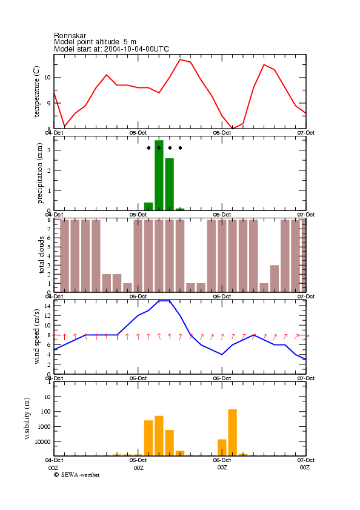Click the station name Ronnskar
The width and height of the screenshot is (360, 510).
tap(70, 35)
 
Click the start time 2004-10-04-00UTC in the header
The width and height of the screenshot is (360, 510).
tap(136, 49)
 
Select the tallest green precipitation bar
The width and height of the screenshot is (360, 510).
tap(159, 175)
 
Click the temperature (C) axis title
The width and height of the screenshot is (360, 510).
tap(36, 91)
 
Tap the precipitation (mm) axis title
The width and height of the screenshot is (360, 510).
tap(39, 173)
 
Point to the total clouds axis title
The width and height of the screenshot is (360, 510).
tap(41, 255)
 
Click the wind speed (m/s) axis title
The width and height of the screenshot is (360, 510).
tap(36, 337)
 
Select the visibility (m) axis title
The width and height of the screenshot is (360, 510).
tap(27, 418)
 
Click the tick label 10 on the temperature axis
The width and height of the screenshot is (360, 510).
tap(47, 78)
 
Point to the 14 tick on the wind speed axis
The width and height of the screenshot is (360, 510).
tap(47, 306)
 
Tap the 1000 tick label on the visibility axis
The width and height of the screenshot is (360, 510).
tap(44, 427)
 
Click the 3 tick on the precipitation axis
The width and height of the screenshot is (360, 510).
tap(49, 150)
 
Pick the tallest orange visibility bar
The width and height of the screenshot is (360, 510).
tap(233, 432)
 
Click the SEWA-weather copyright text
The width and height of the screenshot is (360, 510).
tap(77, 475)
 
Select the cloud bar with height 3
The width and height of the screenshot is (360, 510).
tap(275, 278)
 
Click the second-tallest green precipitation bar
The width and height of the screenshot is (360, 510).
tap(170, 184)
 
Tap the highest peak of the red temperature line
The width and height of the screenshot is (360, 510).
tap(180, 59)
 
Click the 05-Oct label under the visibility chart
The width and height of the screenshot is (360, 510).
tap(138, 460)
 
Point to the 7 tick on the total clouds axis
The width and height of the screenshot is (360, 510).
tap(49, 229)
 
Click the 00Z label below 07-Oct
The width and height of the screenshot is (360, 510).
tap(305, 468)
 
